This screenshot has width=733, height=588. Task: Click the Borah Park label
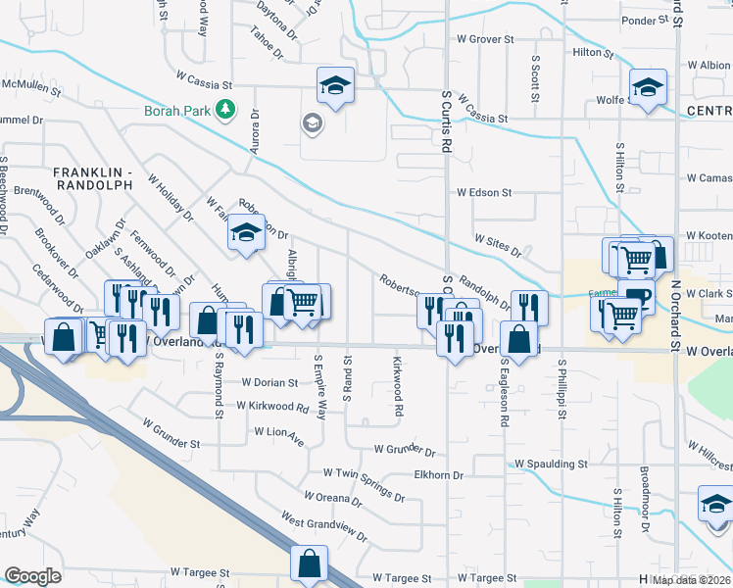(176, 111)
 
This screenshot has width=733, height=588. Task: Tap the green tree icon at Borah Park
(226, 109)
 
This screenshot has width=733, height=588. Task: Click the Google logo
(32, 576)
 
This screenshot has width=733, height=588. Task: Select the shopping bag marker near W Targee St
(308, 565)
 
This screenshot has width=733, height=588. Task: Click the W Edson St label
(484, 193)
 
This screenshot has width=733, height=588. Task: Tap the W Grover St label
(485, 40)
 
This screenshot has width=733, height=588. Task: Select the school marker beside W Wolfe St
(648, 89)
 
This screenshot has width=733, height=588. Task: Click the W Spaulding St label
(551, 463)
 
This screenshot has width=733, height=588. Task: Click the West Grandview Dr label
(323, 525)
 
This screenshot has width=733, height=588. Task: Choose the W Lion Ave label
(279, 430)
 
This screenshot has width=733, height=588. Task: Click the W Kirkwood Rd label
(271, 405)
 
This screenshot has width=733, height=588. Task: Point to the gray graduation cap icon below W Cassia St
(313, 122)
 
